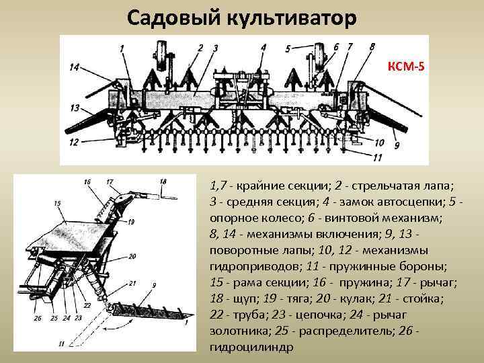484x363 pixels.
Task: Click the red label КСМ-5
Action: click(x=406, y=67)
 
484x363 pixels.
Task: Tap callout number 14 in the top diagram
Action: click(x=74, y=67)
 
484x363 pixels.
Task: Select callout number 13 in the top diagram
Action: click(x=74, y=108)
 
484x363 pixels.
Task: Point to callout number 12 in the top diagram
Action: click(x=74, y=142)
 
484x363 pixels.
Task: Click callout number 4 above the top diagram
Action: click(x=263, y=48)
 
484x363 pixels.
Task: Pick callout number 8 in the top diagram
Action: click(x=372, y=46)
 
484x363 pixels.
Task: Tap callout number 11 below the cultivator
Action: click(x=376, y=157)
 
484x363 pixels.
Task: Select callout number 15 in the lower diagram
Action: click(x=57, y=203)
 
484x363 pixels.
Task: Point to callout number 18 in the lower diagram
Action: click(x=163, y=182)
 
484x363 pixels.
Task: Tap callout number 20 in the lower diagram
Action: click(x=132, y=256)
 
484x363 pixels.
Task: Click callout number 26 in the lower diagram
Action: click(x=36, y=318)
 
